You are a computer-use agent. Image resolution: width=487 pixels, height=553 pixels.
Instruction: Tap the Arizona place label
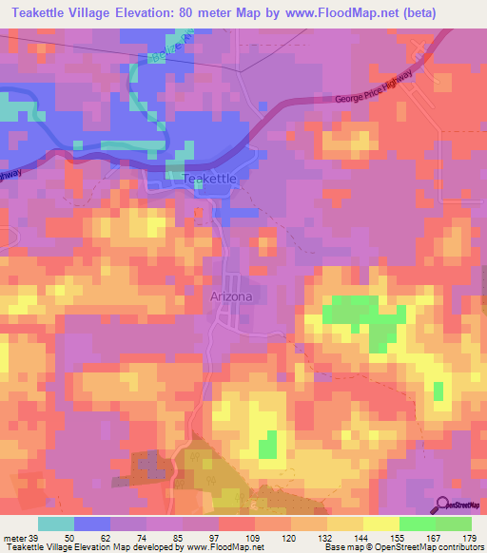coord(231,296)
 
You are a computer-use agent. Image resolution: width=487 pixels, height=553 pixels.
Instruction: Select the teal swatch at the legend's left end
coord(56,524)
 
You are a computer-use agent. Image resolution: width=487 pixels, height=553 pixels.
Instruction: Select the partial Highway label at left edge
coord(10,174)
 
